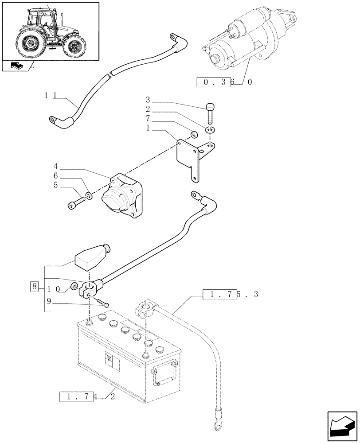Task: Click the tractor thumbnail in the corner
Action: pyautogui.click(x=50, y=31)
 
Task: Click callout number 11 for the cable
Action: pyautogui.click(x=50, y=95)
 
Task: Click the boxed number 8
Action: pyautogui.click(x=35, y=286)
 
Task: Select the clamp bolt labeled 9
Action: pyautogui.click(x=105, y=303)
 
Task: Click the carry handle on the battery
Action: pyautogui.click(x=164, y=374)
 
